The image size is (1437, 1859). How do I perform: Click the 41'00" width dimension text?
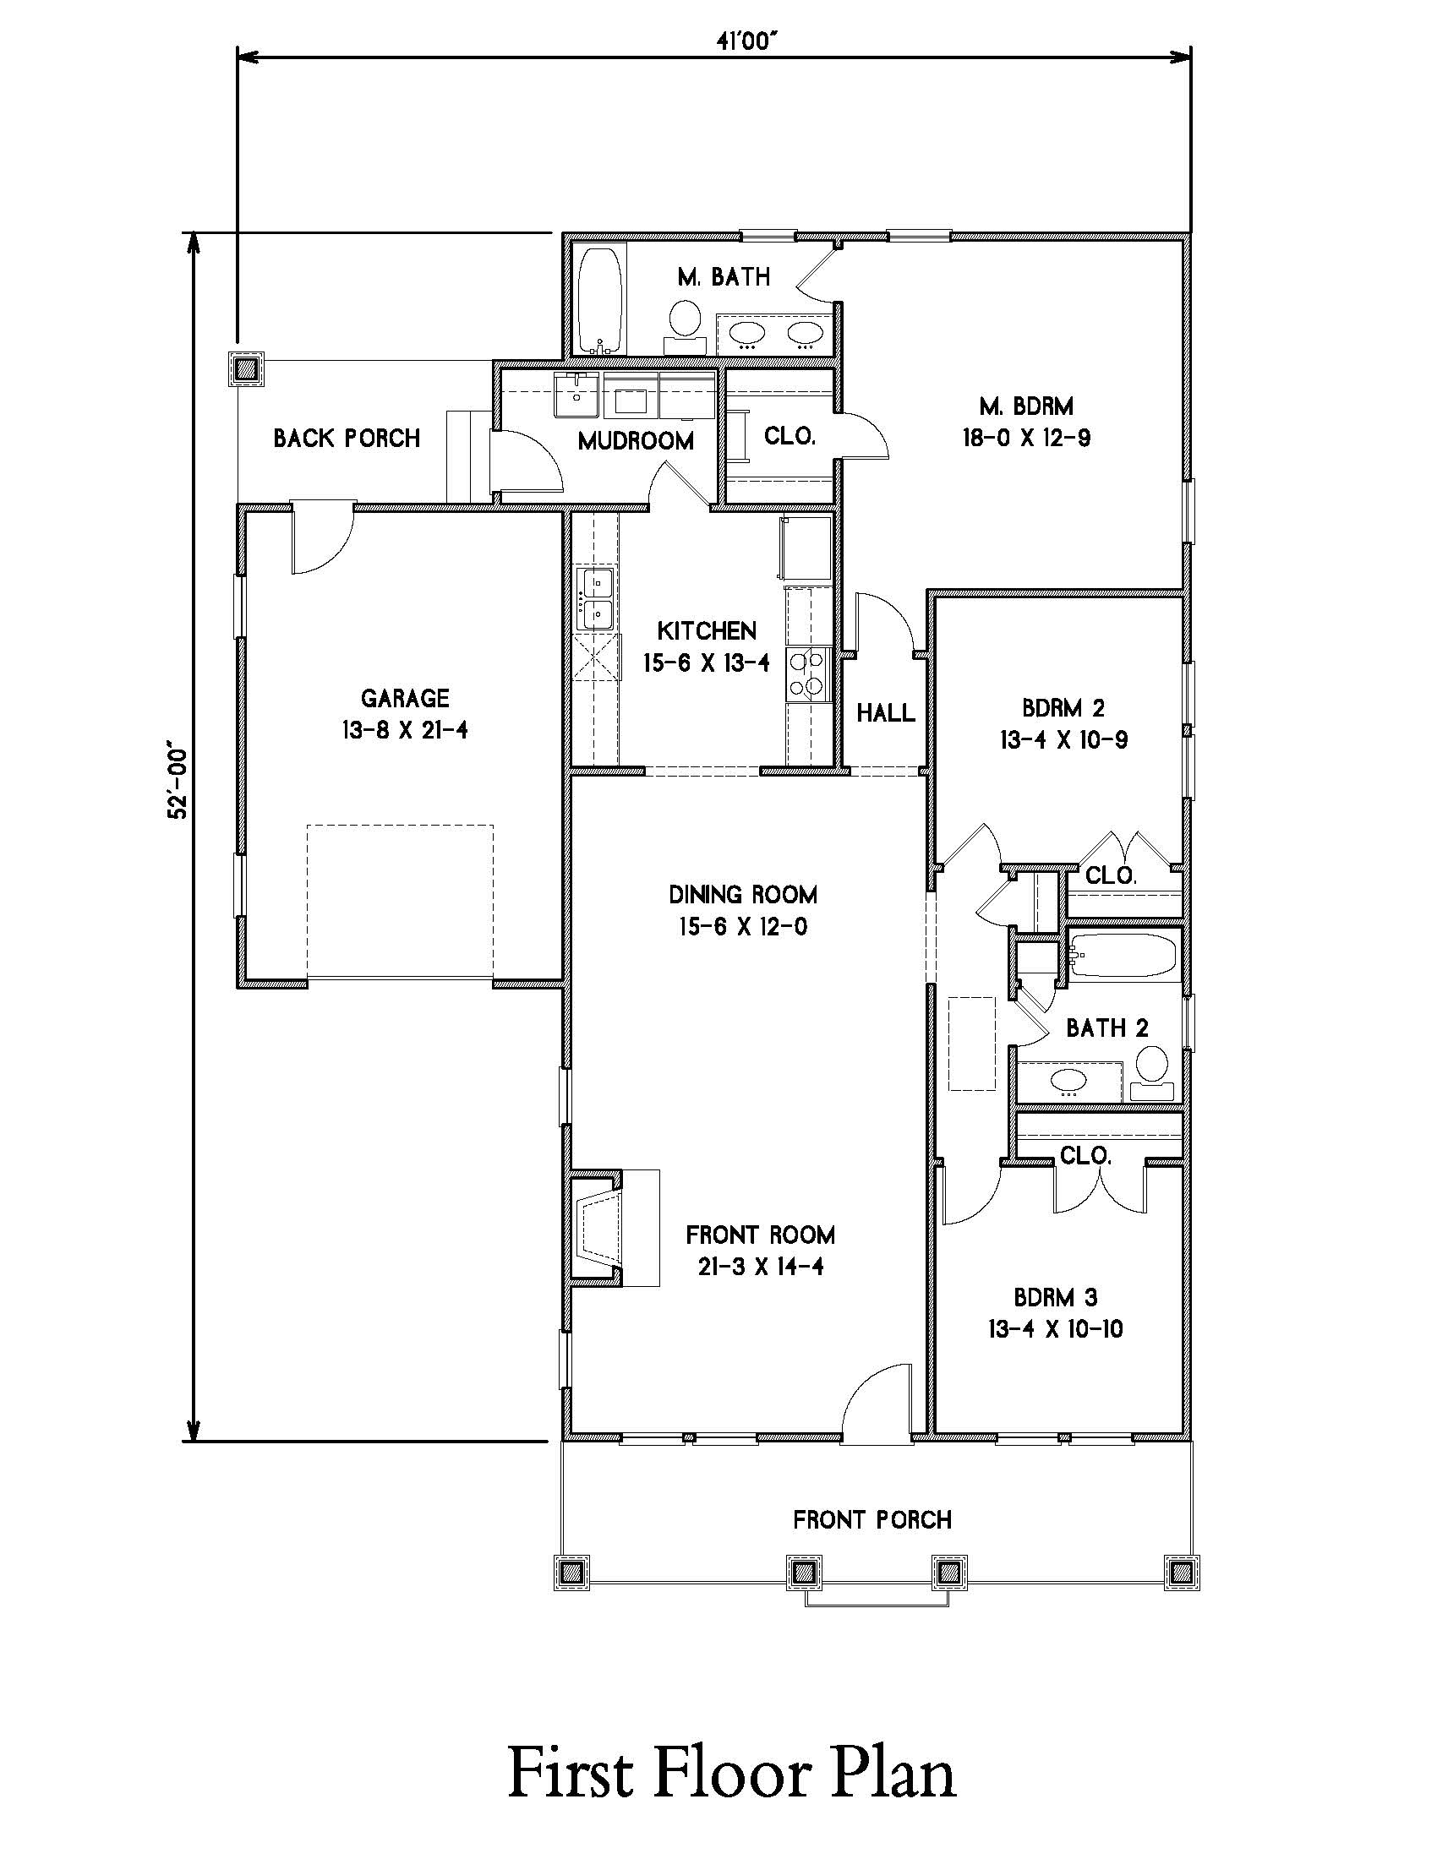point(747,41)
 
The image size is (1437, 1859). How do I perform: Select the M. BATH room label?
point(724,276)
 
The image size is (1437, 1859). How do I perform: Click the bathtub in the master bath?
point(601,299)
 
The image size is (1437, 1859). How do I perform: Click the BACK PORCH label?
point(347,439)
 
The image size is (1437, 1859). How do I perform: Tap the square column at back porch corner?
point(247,369)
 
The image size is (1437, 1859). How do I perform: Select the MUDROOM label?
point(635,441)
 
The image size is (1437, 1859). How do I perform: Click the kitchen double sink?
point(596,598)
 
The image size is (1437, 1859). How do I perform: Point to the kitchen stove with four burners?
point(809,673)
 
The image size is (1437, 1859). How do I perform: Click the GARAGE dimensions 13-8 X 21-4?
point(405,729)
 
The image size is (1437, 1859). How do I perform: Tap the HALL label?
point(885,712)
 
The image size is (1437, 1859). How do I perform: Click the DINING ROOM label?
point(742,895)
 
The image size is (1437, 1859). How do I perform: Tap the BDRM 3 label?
point(1056,1297)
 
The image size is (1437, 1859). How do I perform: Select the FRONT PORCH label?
point(871,1519)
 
